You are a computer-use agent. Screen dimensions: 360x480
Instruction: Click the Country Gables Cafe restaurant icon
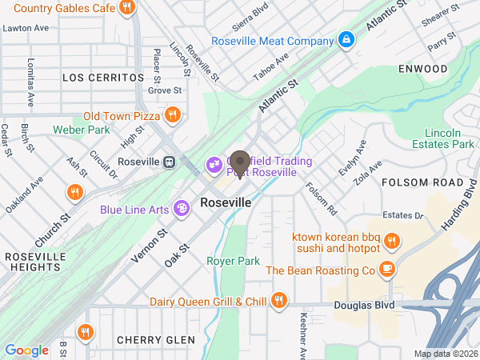(126, 9)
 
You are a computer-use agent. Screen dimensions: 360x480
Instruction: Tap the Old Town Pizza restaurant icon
(172, 116)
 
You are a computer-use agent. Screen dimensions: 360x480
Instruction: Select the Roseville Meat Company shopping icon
(346, 40)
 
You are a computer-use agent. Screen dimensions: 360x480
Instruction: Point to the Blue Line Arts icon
(182, 210)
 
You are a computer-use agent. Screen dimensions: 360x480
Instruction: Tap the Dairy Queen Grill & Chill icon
(278, 302)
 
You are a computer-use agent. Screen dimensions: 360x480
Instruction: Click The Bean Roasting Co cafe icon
(388, 270)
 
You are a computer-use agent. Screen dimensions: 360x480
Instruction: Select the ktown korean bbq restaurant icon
(391, 240)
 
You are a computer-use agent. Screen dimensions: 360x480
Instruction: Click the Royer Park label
(234, 261)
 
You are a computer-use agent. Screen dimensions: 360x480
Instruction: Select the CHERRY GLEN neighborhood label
(155, 340)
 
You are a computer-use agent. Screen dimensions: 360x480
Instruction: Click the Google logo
(26, 350)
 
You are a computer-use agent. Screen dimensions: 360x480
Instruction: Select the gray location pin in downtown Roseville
(240, 162)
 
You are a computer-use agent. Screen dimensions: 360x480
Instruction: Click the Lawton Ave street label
(26, 27)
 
